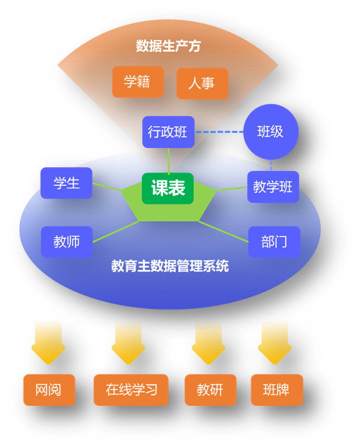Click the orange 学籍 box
[138, 82]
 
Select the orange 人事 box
[202, 83]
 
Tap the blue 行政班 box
[169, 132]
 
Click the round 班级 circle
[271, 132]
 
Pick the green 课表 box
[168, 188]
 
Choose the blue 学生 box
[66, 183]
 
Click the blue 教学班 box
[273, 187]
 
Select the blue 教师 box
[67, 242]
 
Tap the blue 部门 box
[274, 242]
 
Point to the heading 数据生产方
[169, 46]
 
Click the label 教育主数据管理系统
[170, 266]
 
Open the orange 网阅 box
[49, 389]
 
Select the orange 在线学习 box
[131, 389]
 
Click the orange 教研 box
[210, 389]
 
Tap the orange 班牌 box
[277, 389]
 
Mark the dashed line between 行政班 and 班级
[219, 132]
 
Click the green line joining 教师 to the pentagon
[116, 232]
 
